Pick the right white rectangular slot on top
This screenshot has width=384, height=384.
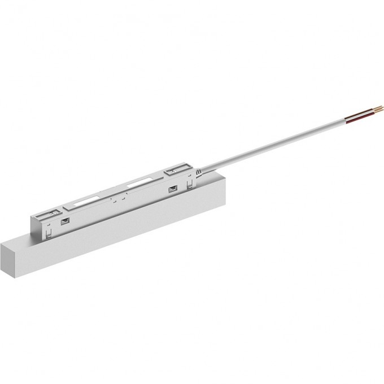click(x=138, y=184)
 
